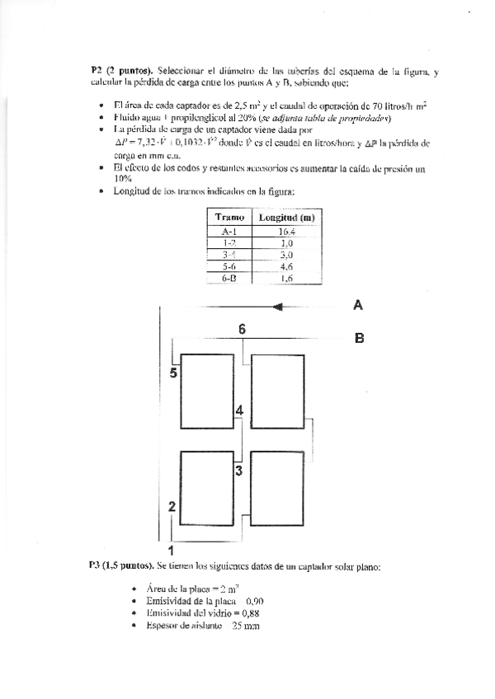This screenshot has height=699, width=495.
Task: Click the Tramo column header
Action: tap(225, 218)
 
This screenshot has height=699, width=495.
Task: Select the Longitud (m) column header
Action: tap(287, 218)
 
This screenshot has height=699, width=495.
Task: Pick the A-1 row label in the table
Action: tap(224, 232)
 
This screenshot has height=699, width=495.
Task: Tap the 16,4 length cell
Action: tap(287, 232)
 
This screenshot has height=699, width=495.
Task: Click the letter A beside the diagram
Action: tap(358, 305)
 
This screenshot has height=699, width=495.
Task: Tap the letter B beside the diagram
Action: tap(359, 337)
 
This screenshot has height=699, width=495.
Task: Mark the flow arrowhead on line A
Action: tap(278, 307)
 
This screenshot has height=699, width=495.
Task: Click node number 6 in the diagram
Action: tap(242, 329)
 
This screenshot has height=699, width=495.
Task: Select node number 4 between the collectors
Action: tap(238, 410)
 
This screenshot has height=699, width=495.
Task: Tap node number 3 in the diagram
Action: tap(238, 471)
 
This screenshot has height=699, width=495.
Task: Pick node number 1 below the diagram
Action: tap(170, 549)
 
